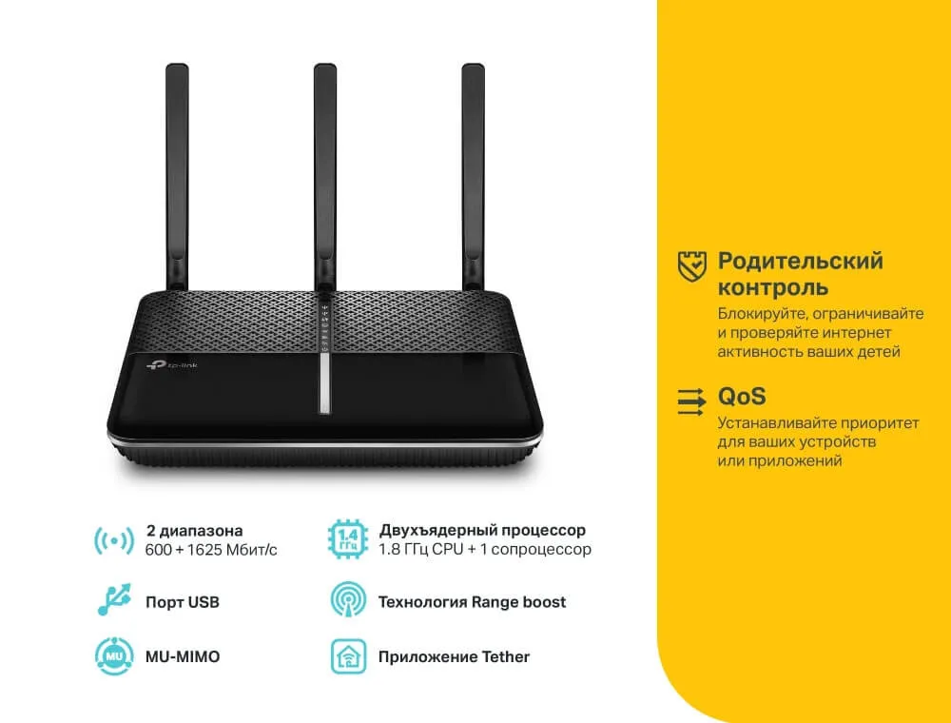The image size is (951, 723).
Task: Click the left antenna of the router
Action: point(177,177)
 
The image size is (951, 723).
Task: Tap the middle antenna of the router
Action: point(325,177)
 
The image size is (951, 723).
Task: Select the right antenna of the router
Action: point(473,177)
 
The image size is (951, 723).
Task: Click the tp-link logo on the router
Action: point(171,365)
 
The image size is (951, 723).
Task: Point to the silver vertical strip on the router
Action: point(324,383)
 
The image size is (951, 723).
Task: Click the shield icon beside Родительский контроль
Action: point(692,266)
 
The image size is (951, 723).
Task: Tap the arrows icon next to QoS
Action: point(691,401)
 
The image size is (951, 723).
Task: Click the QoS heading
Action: point(742,397)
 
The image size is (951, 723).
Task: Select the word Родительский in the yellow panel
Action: point(801,262)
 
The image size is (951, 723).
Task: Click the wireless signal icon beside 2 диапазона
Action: point(114,540)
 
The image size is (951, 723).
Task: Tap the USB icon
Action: point(114,599)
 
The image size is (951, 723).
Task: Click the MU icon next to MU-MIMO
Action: point(115,656)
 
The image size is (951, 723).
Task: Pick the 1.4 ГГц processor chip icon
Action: point(348,538)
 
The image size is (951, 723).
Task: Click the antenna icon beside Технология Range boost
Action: point(348,599)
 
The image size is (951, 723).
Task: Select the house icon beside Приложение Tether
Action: point(348,656)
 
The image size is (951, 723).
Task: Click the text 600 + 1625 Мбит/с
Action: point(211,550)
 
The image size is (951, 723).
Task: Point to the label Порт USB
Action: point(182,602)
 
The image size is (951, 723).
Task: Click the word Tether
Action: point(505,657)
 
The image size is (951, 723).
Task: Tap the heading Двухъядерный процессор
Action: point(482,531)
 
